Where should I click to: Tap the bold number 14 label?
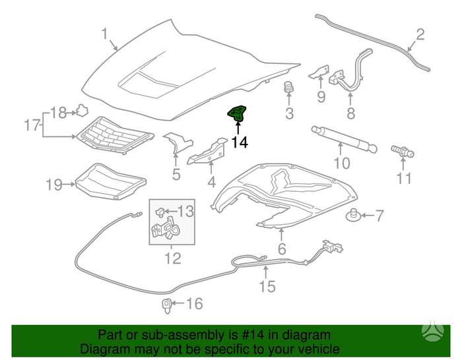240,142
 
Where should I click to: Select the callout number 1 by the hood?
105,34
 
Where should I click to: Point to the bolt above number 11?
403,152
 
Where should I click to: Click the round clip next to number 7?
353,216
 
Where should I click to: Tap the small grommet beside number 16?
167,305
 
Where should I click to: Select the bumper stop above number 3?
289,87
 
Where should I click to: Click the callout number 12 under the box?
173,258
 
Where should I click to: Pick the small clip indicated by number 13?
160,212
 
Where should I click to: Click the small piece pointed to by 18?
82,111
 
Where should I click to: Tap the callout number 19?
55,185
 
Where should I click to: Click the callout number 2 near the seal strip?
420,34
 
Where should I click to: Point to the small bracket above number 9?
319,72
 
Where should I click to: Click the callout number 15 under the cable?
267,286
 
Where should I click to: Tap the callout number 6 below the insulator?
282,249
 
